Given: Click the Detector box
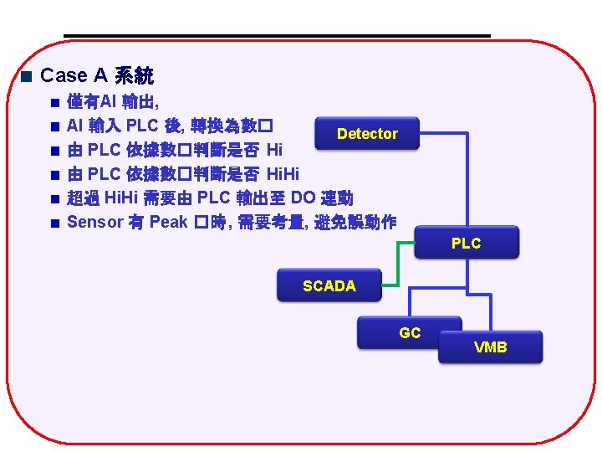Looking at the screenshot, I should click(x=367, y=134).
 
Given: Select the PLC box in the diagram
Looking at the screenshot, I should click(x=466, y=243).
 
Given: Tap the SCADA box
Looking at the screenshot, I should click(x=329, y=286).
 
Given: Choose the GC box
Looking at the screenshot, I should click(x=409, y=332).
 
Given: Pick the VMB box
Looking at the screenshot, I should click(x=490, y=347).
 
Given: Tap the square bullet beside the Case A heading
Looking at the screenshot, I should click(x=26, y=77).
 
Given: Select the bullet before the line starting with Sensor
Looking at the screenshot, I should click(x=54, y=223).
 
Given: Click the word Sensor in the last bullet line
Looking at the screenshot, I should click(x=94, y=222).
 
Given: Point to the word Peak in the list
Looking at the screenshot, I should click(x=167, y=222).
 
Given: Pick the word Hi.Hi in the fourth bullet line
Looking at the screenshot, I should click(x=282, y=174).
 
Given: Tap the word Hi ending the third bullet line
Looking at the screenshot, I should click(x=274, y=151).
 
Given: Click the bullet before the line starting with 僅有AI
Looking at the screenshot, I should click(x=54, y=103).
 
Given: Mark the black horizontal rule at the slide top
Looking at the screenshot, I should click(x=276, y=36).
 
